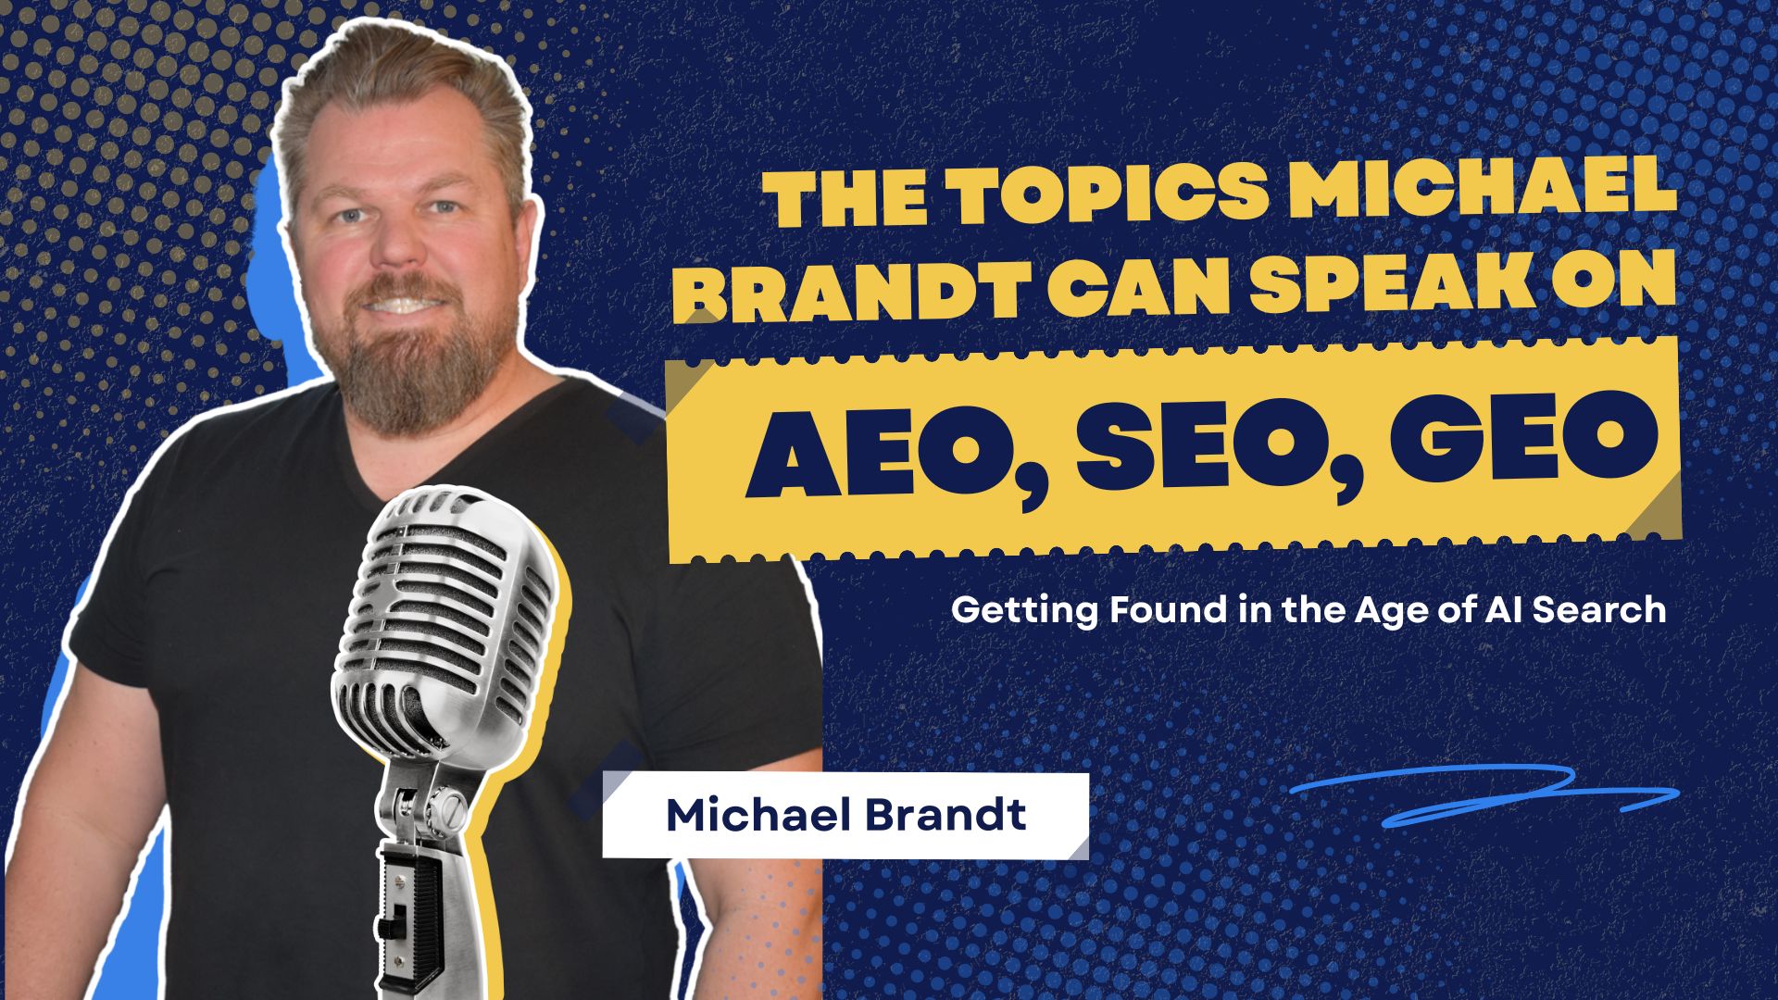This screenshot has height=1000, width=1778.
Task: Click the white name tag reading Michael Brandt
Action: (845, 816)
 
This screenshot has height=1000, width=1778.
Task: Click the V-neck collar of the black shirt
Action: (482, 435)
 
